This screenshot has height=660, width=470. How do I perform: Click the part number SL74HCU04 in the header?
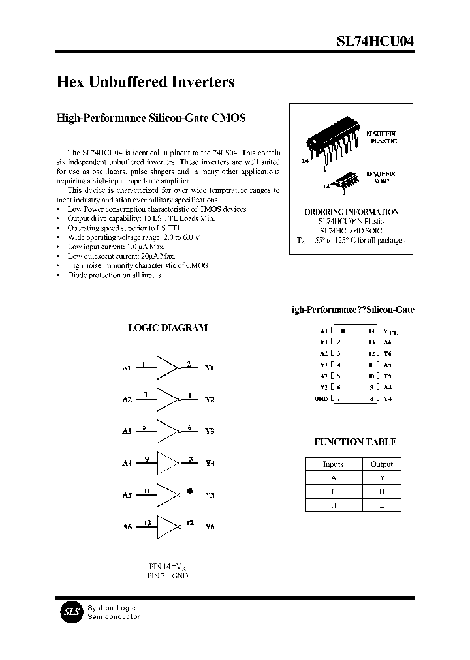tap(375, 40)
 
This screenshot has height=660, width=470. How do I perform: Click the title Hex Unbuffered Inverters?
tap(146, 82)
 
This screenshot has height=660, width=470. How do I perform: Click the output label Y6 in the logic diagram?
tap(210, 526)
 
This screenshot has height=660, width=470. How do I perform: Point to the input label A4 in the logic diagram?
tap(127, 463)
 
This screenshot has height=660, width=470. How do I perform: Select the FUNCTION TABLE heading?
tap(355, 442)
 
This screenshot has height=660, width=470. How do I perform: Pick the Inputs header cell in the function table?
tap(333, 464)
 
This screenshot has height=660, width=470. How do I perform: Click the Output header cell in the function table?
tap(381, 464)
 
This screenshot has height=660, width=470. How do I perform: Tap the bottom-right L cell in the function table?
tap(381, 505)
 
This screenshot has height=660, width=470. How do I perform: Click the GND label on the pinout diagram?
tap(321, 398)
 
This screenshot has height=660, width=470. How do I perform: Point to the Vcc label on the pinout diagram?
tap(390, 332)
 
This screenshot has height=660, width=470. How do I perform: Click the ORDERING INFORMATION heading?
tap(351, 212)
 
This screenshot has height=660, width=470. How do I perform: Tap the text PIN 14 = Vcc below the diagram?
tap(168, 567)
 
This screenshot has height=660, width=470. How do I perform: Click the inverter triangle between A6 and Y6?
tap(167, 526)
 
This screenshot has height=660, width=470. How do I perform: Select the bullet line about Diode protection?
tap(114, 275)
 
